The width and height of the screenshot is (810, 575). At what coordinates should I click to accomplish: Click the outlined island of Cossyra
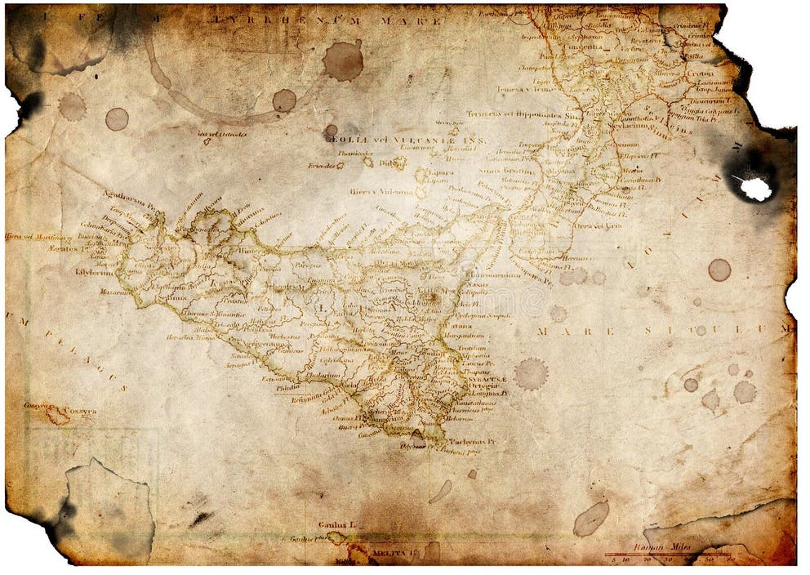tap(57, 416)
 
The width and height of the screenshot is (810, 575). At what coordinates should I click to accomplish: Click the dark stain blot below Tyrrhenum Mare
tap(342, 60)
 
